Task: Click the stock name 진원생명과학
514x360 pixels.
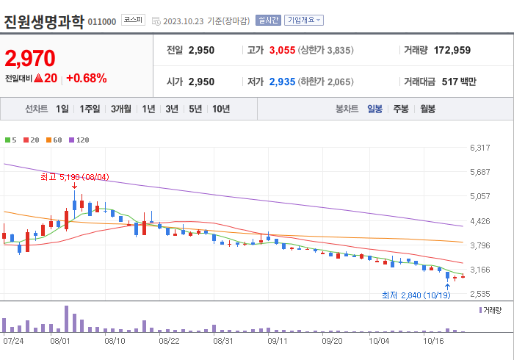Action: click(x=44, y=20)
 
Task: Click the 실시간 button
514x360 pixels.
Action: click(x=268, y=21)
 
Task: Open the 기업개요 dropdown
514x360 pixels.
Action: click(x=303, y=21)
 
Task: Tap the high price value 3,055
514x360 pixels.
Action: click(x=282, y=50)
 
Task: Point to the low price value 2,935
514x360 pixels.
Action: click(x=282, y=81)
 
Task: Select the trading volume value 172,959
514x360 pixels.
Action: click(x=448, y=50)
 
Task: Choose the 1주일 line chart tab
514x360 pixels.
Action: click(x=90, y=109)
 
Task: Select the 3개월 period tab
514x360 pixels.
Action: click(x=122, y=109)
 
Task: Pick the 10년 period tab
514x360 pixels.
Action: click(x=220, y=109)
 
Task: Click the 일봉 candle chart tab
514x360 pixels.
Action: click(x=374, y=109)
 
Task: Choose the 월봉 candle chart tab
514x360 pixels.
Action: click(x=427, y=109)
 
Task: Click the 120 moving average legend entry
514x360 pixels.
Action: click(x=79, y=140)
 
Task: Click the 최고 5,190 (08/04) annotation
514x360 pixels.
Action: click(x=75, y=177)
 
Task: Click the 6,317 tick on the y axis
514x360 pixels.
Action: click(x=479, y=148)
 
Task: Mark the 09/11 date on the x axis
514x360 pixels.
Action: click(x=278, y=341)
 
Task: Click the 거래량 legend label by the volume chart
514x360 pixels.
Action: click(x=492, y=311)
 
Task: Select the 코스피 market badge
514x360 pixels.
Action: click(x=133, y=21)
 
